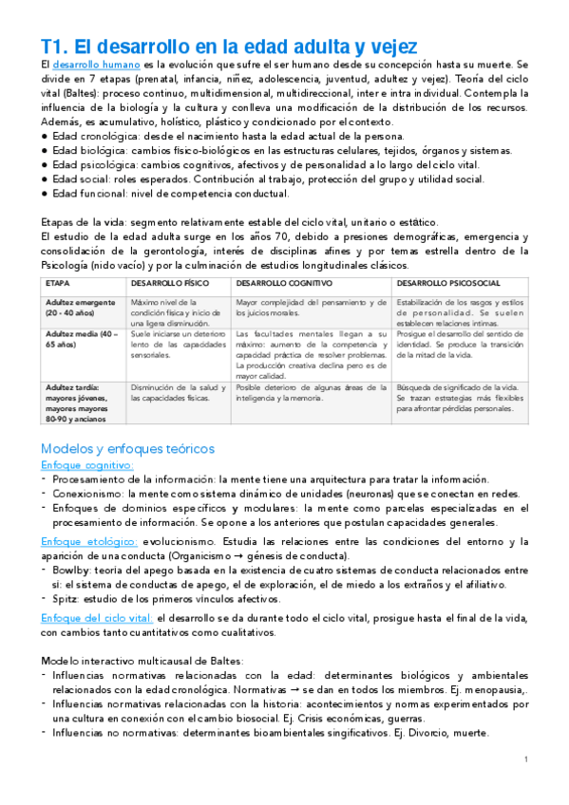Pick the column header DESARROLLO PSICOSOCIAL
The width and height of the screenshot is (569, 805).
point(446,284)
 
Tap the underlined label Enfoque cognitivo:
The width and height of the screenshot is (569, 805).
point(86,466)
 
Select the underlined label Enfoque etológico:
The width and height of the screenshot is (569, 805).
point(86,540)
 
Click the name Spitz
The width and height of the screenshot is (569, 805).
point(64,599)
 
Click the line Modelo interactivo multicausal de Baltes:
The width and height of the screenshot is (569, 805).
point(142,660)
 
